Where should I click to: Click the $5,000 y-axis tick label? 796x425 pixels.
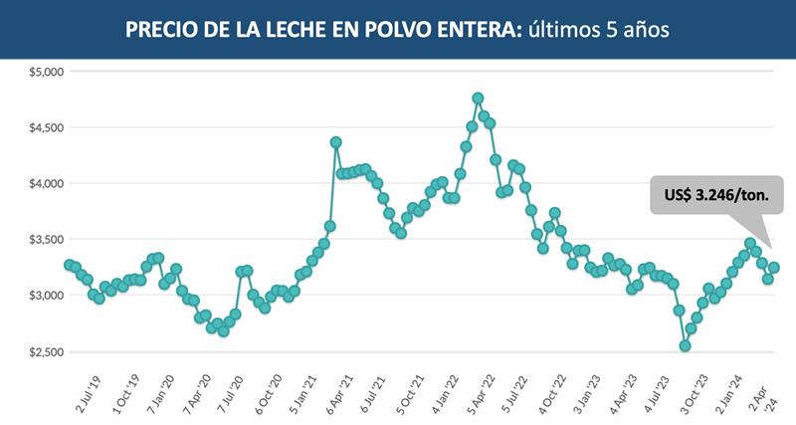coord(44,72)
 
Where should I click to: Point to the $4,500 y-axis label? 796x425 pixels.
coord(44,127)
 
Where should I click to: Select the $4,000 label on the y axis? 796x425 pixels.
coord(44,184)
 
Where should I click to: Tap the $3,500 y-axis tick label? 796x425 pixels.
coord(44,240)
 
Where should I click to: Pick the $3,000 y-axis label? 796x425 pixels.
coord(44,296)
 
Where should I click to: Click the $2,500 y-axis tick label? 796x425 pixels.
coord(44,351)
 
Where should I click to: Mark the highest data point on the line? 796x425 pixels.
coord(478,99)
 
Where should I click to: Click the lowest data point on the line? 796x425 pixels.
coord(685,345)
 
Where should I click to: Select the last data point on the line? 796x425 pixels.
coord(774,268)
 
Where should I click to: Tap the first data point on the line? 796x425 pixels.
coord(69,265)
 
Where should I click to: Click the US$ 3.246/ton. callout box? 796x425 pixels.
coord(716,195)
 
